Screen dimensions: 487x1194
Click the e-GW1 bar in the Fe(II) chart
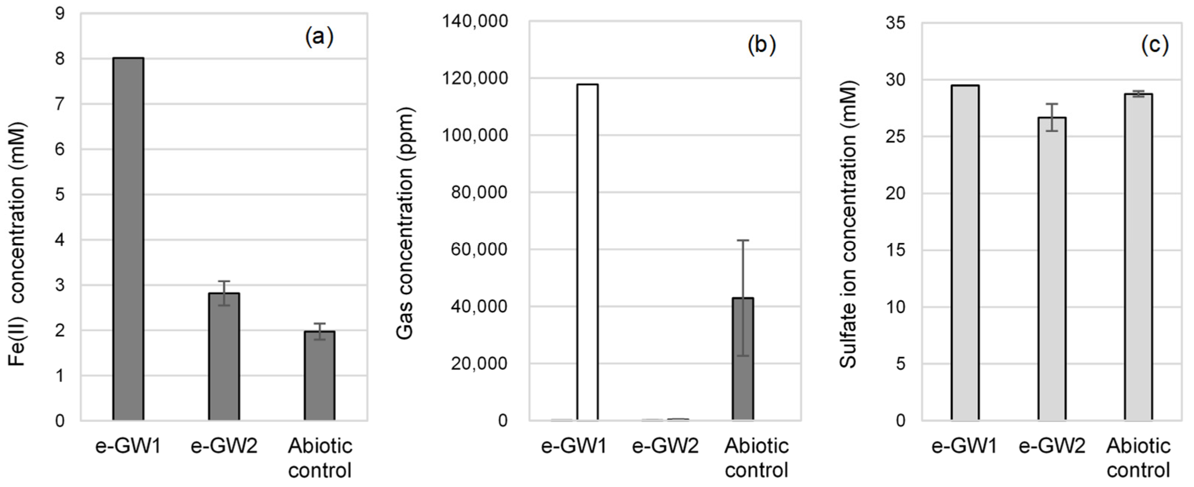[x=128, y=239]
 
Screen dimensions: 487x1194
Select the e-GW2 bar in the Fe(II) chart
[x=224, y=356]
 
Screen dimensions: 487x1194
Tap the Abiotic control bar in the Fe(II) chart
[x=319, y=376]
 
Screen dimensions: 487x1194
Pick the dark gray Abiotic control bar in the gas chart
[x=742, y=359]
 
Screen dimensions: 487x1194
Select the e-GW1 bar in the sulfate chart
[x=965, y=253]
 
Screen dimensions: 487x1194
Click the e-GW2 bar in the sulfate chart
[x=1052, y=269]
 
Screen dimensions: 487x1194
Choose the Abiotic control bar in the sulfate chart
[x=1138, y=257]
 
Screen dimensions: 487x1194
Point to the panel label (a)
[x=319, y=37]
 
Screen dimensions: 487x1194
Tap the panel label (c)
[x=1154, y=45]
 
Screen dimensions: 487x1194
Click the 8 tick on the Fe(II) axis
[x=60, y=59]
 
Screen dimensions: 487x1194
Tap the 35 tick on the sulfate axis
[x=895, y=23]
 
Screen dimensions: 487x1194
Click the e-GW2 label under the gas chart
[x=665, y=447]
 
